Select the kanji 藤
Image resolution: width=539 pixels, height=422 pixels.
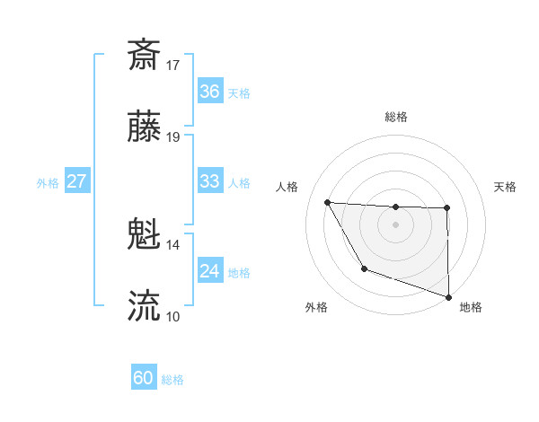point(144,127)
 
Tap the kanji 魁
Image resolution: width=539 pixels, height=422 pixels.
point(144,235)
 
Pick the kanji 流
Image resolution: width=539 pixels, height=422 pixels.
point(144,305)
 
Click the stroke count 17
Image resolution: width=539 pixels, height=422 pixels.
point(173,65)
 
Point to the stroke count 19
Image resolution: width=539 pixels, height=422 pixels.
point(173,137)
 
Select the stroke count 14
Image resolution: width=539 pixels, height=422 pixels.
point(173,244)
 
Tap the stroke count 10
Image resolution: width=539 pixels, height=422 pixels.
point(173,316)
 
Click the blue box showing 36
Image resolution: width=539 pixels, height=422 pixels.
point(210,92)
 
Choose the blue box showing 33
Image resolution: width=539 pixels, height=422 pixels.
point(210,181)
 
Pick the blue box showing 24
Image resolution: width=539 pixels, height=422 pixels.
point(210,271)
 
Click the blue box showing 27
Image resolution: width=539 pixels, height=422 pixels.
point(77,181)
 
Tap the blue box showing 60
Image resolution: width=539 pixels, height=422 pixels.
point(144,379)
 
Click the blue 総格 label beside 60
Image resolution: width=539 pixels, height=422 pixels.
point(173,380)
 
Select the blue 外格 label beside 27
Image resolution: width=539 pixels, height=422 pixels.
point(48,182)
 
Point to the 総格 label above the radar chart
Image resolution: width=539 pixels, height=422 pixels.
point(396,117)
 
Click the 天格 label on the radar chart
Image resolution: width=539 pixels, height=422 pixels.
point(506,187)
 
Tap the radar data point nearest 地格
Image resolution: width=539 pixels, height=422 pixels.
point(448,296)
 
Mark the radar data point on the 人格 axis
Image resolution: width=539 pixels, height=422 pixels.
point(328,202)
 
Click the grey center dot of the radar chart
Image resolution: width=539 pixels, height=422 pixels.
point(396,224)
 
